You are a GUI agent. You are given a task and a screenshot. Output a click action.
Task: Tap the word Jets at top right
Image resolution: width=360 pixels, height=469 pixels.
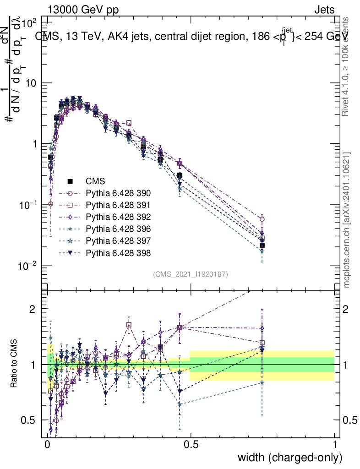point(324,10)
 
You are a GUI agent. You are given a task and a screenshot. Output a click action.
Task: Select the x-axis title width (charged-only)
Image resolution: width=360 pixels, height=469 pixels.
point(290,457)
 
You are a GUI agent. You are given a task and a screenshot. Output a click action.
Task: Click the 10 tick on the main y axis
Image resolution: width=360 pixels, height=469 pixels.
point(34,83)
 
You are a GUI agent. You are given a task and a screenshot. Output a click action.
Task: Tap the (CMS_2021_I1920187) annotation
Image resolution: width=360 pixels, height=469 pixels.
point(191,274)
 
